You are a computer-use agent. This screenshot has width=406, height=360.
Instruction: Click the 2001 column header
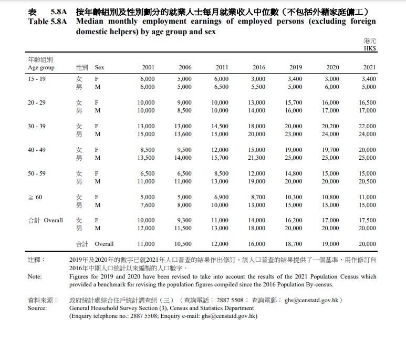click(x=148, y=68)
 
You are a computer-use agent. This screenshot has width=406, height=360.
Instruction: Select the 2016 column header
click(x=258, y=68)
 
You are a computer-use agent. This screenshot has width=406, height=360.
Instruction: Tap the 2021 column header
click(x=369, y=68)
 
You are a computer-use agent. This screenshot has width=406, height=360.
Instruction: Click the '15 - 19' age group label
click(x=36, y=79)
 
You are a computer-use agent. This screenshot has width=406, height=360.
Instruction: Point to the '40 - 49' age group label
click(x=36, y=150)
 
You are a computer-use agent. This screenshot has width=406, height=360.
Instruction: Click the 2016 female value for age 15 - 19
click(x=258, y=79)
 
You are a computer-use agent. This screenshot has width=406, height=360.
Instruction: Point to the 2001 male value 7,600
click(x=148, y=205)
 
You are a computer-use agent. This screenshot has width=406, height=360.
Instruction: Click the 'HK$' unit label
click(x=370, y=49)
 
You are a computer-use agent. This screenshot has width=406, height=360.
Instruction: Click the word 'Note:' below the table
click(x=35, y=276)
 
